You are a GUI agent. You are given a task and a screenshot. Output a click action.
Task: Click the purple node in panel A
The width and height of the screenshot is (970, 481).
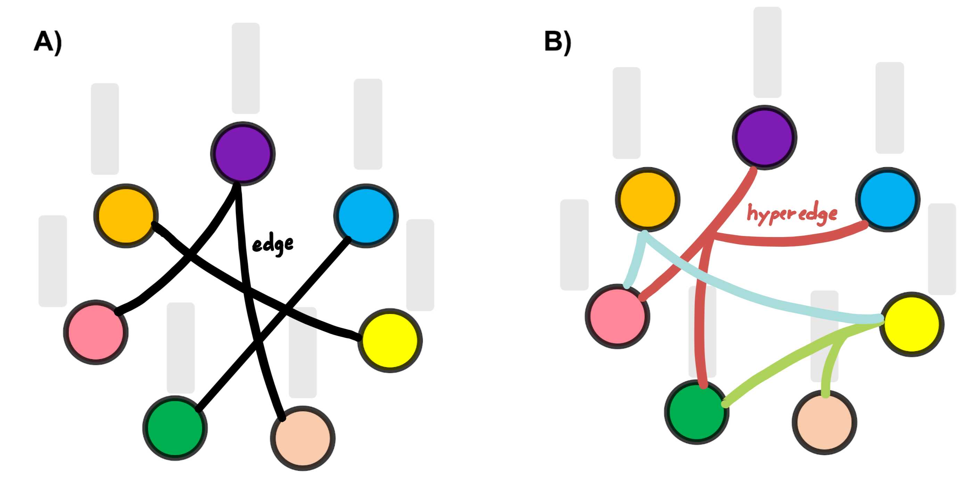[243, 153]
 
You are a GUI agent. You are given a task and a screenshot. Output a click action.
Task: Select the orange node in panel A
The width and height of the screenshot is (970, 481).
[126, 216]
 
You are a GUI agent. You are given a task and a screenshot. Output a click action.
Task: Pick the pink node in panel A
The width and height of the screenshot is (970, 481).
[96, 332]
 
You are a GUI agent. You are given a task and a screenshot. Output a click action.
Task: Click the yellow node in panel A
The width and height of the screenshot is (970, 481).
[390, 340]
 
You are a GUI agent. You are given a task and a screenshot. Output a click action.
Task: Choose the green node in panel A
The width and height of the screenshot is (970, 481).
[175, 428]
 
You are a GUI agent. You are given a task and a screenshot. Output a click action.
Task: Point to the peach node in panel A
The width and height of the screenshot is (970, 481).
[303, 438]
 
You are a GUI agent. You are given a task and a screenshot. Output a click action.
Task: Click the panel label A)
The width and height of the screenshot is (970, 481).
[48, 42]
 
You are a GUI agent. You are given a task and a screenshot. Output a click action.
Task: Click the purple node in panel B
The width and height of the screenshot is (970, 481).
[764, 137]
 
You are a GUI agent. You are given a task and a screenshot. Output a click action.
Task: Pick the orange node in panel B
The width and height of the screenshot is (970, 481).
[648, 199]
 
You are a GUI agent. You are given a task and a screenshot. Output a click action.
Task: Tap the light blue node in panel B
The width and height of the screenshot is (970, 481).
[888, 199]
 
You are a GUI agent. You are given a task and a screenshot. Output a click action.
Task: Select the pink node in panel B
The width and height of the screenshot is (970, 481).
[618, 316]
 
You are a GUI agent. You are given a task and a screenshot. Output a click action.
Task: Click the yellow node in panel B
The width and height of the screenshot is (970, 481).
[912, 324]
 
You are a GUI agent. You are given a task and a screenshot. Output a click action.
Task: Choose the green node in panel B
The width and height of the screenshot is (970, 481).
[697, 412]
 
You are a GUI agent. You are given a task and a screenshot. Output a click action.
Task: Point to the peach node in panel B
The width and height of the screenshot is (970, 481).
[825, 422]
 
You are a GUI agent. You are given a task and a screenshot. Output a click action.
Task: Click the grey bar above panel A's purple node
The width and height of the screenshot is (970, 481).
[246, 68]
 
